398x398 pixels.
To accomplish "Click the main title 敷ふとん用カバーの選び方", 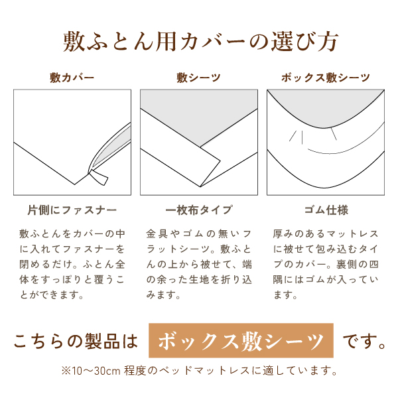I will point(200,42).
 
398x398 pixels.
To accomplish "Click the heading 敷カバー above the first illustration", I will point(72,78).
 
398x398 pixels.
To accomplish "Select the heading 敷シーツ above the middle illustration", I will point(199,78).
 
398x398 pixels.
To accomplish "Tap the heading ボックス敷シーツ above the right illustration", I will point(325,78).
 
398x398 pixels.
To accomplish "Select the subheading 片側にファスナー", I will point(72,210).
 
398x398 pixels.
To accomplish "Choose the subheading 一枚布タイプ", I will point(199,210).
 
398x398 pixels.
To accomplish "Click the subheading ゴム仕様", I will point(325,210).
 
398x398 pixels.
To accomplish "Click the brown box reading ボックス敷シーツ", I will point(241,342).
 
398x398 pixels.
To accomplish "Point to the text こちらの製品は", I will point(76,342).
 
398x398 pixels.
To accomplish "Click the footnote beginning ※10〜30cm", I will point(199,370).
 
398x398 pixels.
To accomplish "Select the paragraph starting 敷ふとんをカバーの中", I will point(72,264).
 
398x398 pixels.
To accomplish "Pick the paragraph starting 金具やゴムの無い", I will point(199,264).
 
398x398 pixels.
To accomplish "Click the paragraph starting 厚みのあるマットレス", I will point(325,264).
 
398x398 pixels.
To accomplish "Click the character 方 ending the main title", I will point(326,42).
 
